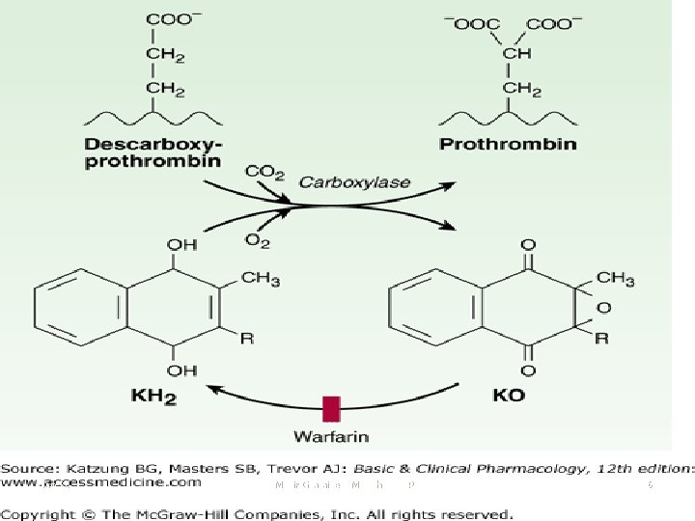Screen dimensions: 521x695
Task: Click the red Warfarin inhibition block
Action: tap(332, 408)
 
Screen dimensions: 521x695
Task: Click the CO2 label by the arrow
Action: tap(264, 173)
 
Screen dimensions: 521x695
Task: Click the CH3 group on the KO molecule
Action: tap(615, 280)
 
